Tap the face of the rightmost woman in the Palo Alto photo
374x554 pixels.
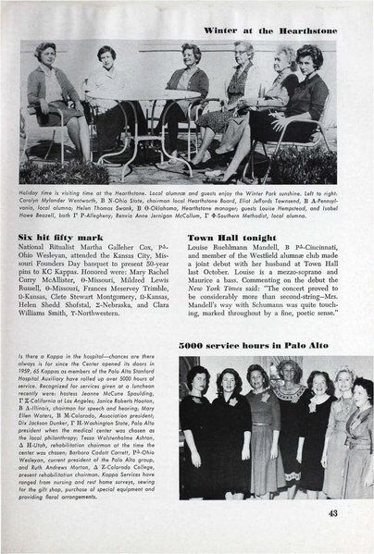pyautogui.click(x=362, y=388)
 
